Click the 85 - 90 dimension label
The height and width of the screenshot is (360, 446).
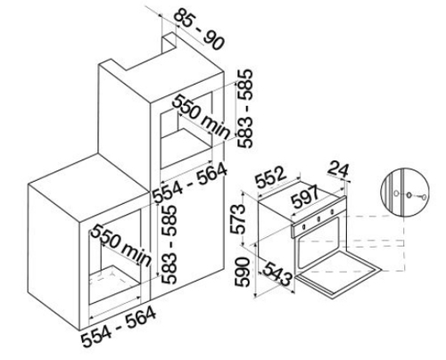[x=198, y=29]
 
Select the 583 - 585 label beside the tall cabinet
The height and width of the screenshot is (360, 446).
[x=245, y=109]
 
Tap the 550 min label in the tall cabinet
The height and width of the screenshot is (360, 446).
[x=202, y=117]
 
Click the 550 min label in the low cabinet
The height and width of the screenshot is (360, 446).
[x=120, y=245]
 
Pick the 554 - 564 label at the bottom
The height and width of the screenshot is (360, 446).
[x=119, y=327]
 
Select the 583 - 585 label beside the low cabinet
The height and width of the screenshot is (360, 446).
[x=169, y=244]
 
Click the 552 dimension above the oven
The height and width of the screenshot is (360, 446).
[x=271, y=178]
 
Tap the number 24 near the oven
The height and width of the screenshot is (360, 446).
[x=338, y=169]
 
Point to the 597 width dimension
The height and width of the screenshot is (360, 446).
[x=305, y=196]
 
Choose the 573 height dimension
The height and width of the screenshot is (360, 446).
[x=240, y=219]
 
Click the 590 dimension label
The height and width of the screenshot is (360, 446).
[x=242, y=273]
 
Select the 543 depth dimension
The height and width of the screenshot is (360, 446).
[x=276, y=273]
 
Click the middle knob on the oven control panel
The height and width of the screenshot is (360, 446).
[x=318, y=219]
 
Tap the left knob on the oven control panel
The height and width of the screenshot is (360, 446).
[x=304, y=227]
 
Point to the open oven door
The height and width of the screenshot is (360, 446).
[x=339, y=274]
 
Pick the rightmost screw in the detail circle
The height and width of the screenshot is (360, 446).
[x=424, y=196]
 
